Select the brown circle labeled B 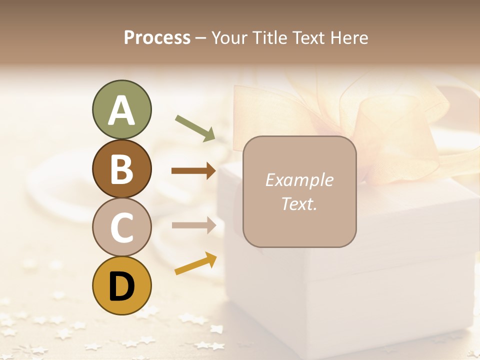pyautogui.click(x=121, y=168)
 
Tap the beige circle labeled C pyautogui.click(x=121, y=227)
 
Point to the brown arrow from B pyautogui.click(x=193, y=171)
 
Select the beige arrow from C pyautogui.click(x=193, y=225)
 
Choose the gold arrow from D pyautogui.click(x=195, y=263)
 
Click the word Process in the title pyautogui.click(x=157, y=37)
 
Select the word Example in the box pyautogui.click(x=299, y=180)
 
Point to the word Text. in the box pyautogui.click(x=299, y=203)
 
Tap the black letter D pyautogui.click(x=121, y=286)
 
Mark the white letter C pyautogui.click(x=121, y=227)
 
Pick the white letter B pyautogui.click(x=121, y=169)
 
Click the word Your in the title pyautogui.click(x=228, y=37)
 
